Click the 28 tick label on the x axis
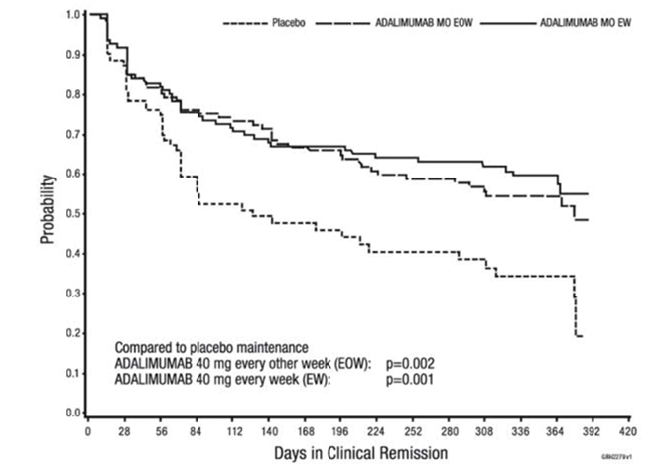[125, 432]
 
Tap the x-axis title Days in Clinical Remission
[356, 453]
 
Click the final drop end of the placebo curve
[579, 337]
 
